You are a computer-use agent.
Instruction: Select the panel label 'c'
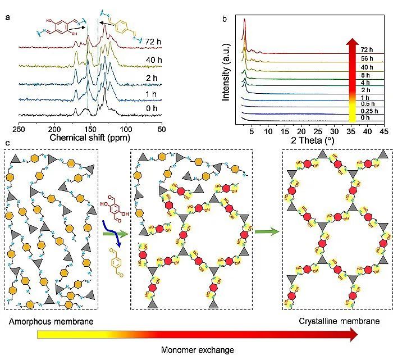[7, 143]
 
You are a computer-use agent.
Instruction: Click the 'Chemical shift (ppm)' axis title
[90, 137]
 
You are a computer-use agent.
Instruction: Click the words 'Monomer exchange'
[198, 350]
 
